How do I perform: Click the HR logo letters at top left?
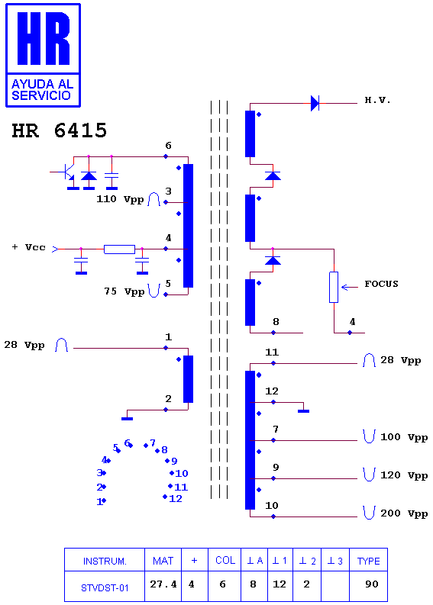coord(44,39)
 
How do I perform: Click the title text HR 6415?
coord(59,130)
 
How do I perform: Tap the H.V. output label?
coord(377,100)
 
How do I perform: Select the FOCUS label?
coord(381,284)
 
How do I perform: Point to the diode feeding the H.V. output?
coord(315,103)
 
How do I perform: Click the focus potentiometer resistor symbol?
coord(334,287)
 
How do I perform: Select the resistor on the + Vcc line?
coord(119,249)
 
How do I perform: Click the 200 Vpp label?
coord(404,513)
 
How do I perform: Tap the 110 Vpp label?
coord(120,199)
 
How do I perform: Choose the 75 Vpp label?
coord(124,291)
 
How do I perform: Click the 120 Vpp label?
coord(404,475)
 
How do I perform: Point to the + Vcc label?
coord(28,247)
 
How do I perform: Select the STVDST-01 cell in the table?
coord(105,586)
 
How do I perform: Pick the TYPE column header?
coord(369,560)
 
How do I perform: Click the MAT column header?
coord(163,560)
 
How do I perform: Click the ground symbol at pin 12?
coord(304,411)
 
